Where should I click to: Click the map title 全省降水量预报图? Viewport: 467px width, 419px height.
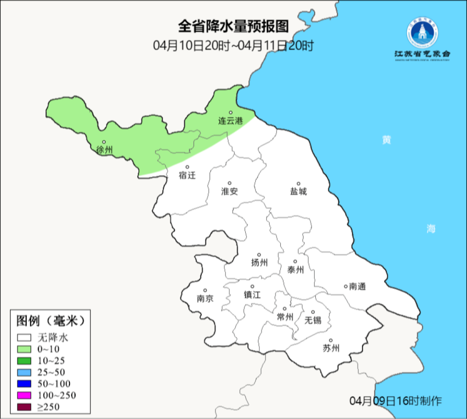click(233, 26)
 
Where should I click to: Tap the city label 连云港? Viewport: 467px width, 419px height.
click(230, 121)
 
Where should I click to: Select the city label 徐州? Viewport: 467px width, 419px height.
click(105, 150)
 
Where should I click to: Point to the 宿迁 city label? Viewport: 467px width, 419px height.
click(187, 175)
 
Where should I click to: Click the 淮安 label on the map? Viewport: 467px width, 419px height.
click(230, 191)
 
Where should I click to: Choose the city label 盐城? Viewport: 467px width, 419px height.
click(298, 191)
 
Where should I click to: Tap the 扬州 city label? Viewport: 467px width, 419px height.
click(259, 262)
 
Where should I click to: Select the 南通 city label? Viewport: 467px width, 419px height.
click(358, 286)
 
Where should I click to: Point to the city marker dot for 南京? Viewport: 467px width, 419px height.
click(205, 291)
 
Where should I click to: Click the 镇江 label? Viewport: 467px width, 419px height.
click(253, 295)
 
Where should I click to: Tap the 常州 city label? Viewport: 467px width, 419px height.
click(285, 317)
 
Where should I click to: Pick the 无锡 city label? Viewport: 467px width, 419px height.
click(313, 320)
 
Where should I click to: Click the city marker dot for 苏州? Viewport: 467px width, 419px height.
click(331, 341)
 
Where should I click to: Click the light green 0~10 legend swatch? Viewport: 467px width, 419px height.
click(24, 349)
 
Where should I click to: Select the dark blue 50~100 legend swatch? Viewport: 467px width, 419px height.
click(24, 384)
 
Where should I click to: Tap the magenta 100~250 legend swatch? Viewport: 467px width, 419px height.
click(24, 395)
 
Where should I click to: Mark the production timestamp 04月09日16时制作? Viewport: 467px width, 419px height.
click(396, 401)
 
